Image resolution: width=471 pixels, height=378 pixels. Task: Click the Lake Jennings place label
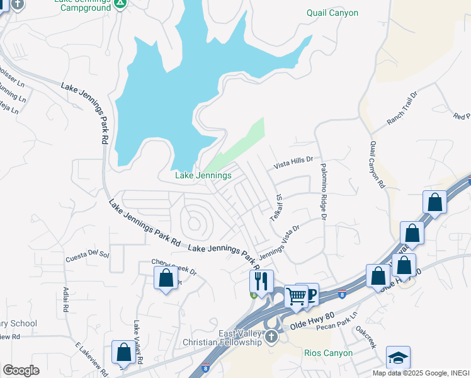203,175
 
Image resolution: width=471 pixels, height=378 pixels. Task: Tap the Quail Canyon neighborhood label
332,13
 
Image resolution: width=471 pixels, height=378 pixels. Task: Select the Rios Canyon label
327,353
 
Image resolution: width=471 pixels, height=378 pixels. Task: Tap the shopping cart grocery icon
296,295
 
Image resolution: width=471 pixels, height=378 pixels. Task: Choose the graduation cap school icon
398,357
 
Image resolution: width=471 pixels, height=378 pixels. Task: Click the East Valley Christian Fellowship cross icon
271,336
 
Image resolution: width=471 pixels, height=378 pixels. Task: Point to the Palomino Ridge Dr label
323,192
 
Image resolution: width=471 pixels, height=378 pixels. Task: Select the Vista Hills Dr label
293,163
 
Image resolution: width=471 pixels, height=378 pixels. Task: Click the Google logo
21,370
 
